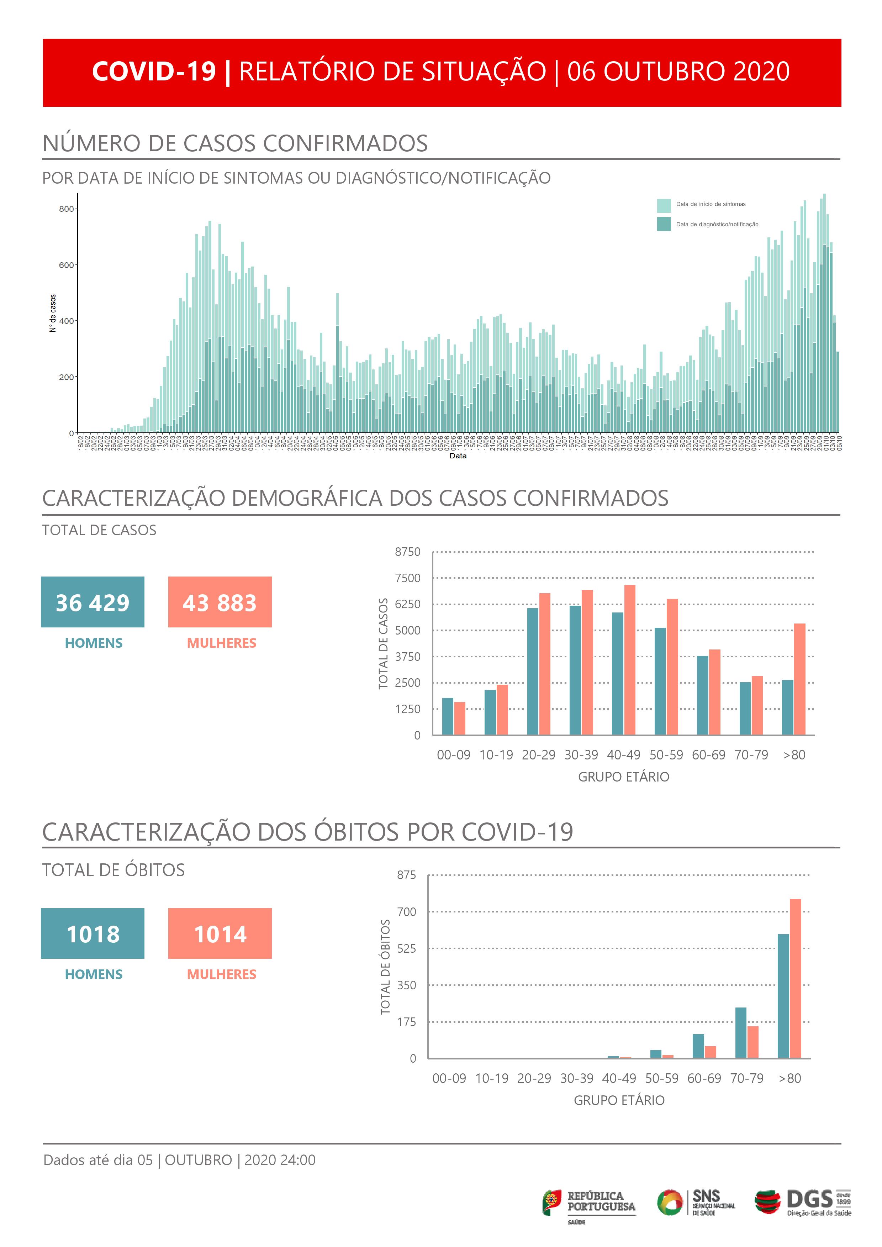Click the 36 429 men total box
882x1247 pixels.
tap(93, 602)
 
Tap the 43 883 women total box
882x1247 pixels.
tap(220, 602)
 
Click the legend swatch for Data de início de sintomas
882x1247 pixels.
tap(664, 205)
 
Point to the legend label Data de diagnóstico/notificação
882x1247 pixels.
tap(717, 224)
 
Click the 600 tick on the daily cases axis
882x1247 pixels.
tap(66, 265)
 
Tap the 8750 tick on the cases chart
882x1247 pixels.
tap(407, 552)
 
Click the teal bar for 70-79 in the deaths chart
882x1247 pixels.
tap(741, 1032)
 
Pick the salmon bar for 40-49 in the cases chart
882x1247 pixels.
tap(629, 660)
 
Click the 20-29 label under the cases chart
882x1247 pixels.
tap(538, 755)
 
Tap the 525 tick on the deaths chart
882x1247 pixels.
tap(406, 948)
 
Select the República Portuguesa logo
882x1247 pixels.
tap(589, 1203)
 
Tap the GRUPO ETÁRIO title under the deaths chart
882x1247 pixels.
tap(619, 1100)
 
